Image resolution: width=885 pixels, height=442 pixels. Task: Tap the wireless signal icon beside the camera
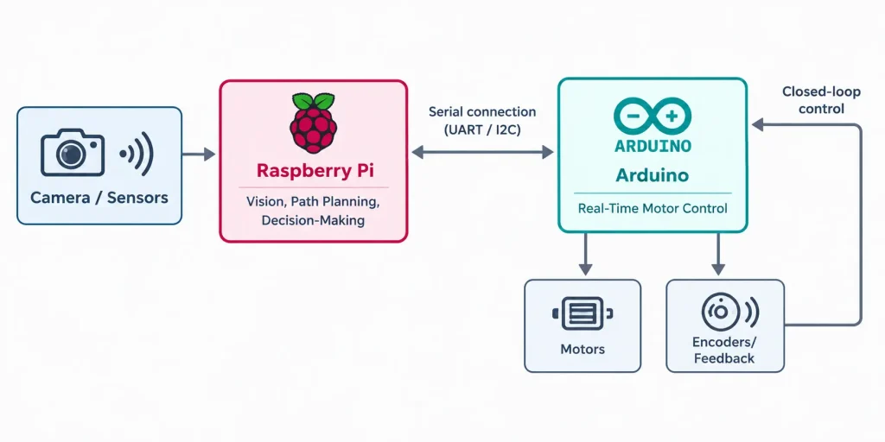coord(137,154)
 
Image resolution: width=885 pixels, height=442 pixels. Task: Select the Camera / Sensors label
coord(99,198)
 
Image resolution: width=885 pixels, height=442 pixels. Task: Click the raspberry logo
coord(313,123)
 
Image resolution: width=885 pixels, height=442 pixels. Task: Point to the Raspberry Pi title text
coord(313,170)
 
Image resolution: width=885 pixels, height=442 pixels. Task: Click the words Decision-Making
coord(313,220)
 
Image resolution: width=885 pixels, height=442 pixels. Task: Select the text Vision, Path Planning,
coord(313,202)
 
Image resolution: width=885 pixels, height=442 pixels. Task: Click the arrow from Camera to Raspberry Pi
coord(199,154)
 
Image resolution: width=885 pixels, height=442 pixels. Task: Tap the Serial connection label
coord(482,111)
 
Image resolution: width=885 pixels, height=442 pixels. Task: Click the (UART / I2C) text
coord(482,129)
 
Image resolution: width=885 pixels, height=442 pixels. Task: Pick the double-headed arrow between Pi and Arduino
coord(482,152)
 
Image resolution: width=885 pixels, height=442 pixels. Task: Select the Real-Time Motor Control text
coord(653,209)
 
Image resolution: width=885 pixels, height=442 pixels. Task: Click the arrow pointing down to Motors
coord(586,254)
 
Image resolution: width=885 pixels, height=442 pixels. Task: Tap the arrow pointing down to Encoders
coord(718,254)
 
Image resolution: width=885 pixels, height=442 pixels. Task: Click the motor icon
coord(583,313)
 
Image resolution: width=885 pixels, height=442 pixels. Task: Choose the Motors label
coord(583,349)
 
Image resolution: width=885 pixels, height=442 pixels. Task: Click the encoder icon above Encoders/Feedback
coord(729,311)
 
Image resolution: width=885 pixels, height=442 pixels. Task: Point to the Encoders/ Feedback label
coord(725,350)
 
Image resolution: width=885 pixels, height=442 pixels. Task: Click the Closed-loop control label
coord(821,100)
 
